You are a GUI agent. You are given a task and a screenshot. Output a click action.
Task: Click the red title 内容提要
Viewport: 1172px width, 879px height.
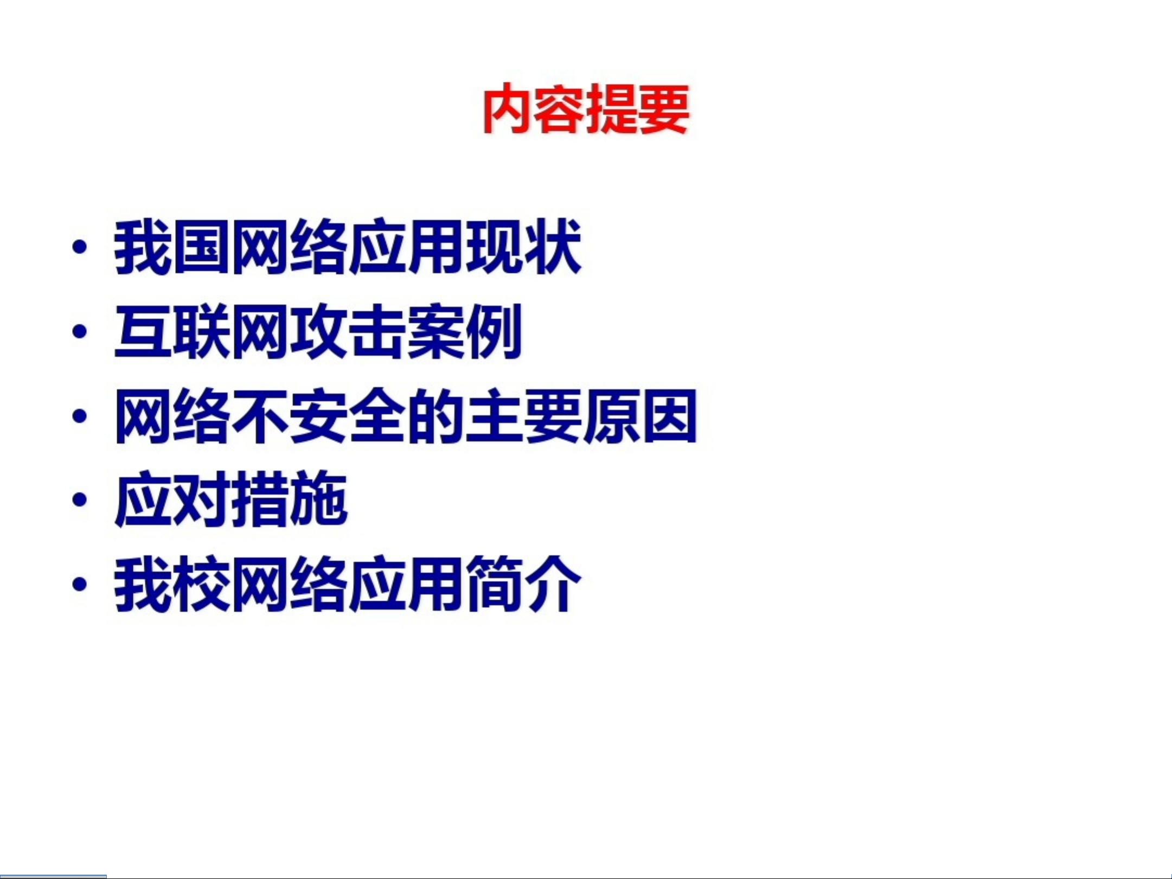(586, 108)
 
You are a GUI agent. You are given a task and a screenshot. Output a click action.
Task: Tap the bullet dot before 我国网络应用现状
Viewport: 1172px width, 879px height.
(80, 247)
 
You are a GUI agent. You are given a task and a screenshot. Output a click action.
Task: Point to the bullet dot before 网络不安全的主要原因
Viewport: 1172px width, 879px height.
(80, 416)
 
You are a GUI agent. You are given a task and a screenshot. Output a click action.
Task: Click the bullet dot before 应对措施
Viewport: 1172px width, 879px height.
(80, 500)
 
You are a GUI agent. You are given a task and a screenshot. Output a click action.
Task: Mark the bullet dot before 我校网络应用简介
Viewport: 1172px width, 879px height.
(80, 584)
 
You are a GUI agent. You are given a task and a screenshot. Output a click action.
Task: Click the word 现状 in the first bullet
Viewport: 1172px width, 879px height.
(523, 247)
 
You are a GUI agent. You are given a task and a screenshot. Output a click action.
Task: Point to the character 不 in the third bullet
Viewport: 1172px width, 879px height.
(260, 416)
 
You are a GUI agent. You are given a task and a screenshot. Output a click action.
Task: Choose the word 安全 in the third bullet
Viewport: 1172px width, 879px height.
(348, 416)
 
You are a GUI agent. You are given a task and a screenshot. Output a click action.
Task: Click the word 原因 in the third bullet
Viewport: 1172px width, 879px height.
(640, 416)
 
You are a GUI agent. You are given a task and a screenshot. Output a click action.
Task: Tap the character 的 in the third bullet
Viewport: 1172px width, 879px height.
(435, 416)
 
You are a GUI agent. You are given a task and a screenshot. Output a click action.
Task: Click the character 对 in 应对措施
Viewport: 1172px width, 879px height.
(202, 500)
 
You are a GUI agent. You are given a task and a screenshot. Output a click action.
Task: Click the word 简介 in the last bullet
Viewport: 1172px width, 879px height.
(523, 584)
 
